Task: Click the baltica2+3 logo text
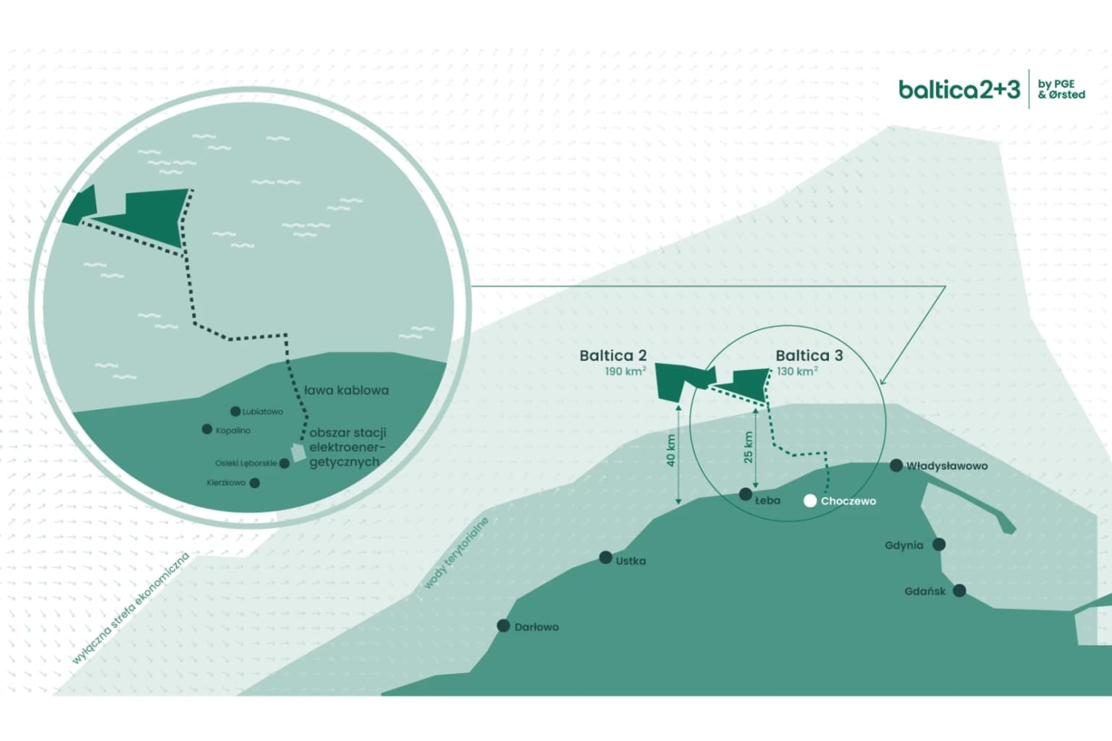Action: coord(959,90)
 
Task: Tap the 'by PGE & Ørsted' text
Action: coord(1061,89)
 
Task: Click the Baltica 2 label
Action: coord(612,355)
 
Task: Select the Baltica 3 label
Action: coord(809,355)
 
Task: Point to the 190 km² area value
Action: coord(625,372)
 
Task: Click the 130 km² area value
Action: coord(797,372)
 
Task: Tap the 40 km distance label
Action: coord(671,450)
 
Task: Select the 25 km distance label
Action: coord(749,447)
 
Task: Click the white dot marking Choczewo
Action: coord(810,501)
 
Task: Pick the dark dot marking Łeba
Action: coord(746,494)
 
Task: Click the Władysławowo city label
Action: coord(947,466)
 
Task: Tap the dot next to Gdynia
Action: coord(939,544)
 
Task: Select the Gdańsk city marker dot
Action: coord(959,590)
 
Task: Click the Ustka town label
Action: coord(631,561)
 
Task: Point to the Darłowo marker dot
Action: coord(503,626)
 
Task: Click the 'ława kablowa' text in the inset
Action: coord(346,390)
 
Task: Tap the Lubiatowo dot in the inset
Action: coord(235,412)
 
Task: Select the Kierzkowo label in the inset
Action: coord(226,483)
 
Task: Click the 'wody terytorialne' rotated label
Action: coord(456,553)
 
